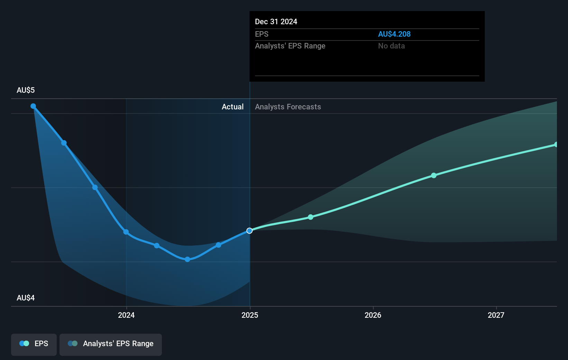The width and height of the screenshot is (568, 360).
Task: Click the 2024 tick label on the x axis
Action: (x=126, y=315)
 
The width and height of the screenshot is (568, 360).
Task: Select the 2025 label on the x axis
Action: (x=250, y=315)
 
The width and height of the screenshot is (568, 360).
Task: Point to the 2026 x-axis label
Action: (x=373, y=315)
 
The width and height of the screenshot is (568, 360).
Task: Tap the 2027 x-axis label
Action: (x=496, y=315)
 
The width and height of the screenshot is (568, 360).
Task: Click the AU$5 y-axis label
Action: (x=26, y=90)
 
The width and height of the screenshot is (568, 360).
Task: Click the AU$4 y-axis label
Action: (x=26, y=298)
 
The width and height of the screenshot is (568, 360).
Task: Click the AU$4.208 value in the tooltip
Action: (x=394, y=34)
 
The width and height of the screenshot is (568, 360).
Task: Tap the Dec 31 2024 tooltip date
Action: (x=276, y=22)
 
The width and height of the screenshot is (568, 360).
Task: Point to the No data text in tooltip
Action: (x=391, y=46)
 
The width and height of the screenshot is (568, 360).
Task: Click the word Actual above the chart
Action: (x=232, y=107)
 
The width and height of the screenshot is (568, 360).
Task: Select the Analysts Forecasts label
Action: (x=288, y=107)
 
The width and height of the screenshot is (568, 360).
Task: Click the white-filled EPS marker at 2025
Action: (x=249, y=231)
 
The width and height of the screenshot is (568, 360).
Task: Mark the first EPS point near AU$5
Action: (x=33, y=106)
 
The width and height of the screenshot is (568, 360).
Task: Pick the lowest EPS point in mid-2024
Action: (x=187, y=259)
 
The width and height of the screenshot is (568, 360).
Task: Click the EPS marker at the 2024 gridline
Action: (x=126, y=232)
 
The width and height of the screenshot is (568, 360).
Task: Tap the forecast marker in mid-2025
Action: (x=311, y=217)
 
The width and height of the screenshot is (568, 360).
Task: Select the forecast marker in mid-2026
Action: (x=434, y=175)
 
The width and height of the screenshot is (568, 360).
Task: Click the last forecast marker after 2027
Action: (x=556, y=144)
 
